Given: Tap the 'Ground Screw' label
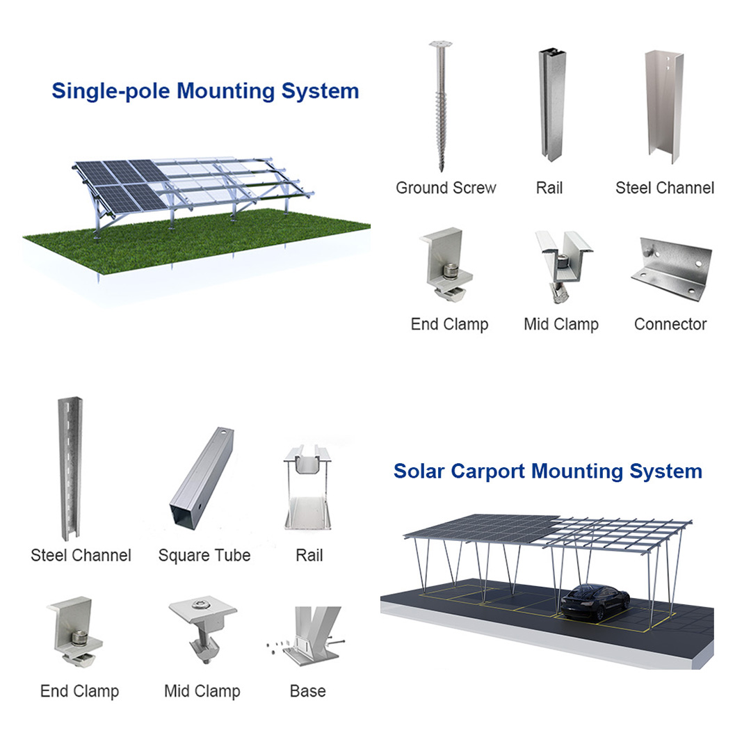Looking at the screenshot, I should click(446, 188).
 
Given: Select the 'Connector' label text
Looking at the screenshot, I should click(670, 324).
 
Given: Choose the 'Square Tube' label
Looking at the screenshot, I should click(204, 556).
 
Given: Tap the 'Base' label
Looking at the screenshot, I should click(307, 691).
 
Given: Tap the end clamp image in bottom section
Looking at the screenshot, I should click(72, 632).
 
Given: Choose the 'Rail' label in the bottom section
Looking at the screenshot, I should click(309, 556).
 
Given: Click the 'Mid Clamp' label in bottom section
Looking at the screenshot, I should click(202, 691).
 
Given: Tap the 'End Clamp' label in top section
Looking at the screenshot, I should click(449, 324).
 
